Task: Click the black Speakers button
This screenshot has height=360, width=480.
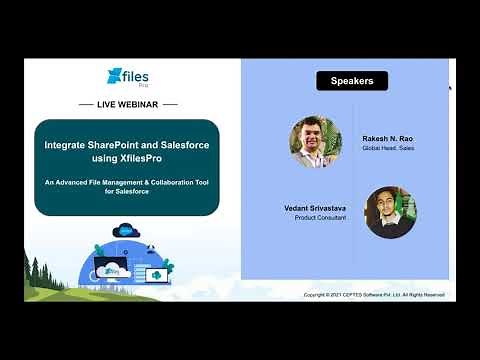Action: click(x=352, y=81)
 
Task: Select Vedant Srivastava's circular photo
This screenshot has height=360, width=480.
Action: click(x=390, y=211)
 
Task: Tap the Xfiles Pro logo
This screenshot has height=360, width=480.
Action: click(x=127, y=77)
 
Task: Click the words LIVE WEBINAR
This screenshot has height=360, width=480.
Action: click(x=127, y=104)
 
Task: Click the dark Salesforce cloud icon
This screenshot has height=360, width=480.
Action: click(x=125, y=231)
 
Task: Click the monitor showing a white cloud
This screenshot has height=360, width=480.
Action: click(x=158, y=274)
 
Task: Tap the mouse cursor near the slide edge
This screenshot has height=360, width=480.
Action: click(x=449, y=87)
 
